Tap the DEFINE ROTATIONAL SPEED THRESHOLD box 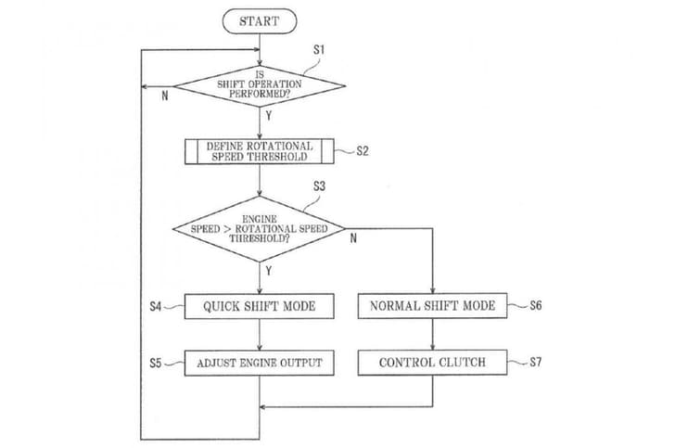click(260, 151)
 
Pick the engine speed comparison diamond click(259, 228)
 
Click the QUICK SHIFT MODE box click(260, 306)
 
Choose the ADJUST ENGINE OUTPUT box click(260, 363)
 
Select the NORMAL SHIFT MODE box click(432, 306)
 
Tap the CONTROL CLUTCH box click(432, 363)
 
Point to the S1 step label click(319, 47)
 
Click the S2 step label click(363, 152)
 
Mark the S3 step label click(319, 186)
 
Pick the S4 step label click(156, 306)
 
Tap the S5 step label click(156, 363)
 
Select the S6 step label click(535, 306)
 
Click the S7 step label click(535, 363)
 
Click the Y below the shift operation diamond click(269, 118)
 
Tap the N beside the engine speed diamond click(352, 237)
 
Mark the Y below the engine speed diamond click(269, 271)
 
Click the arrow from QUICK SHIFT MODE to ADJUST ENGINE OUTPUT click(260, 335)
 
